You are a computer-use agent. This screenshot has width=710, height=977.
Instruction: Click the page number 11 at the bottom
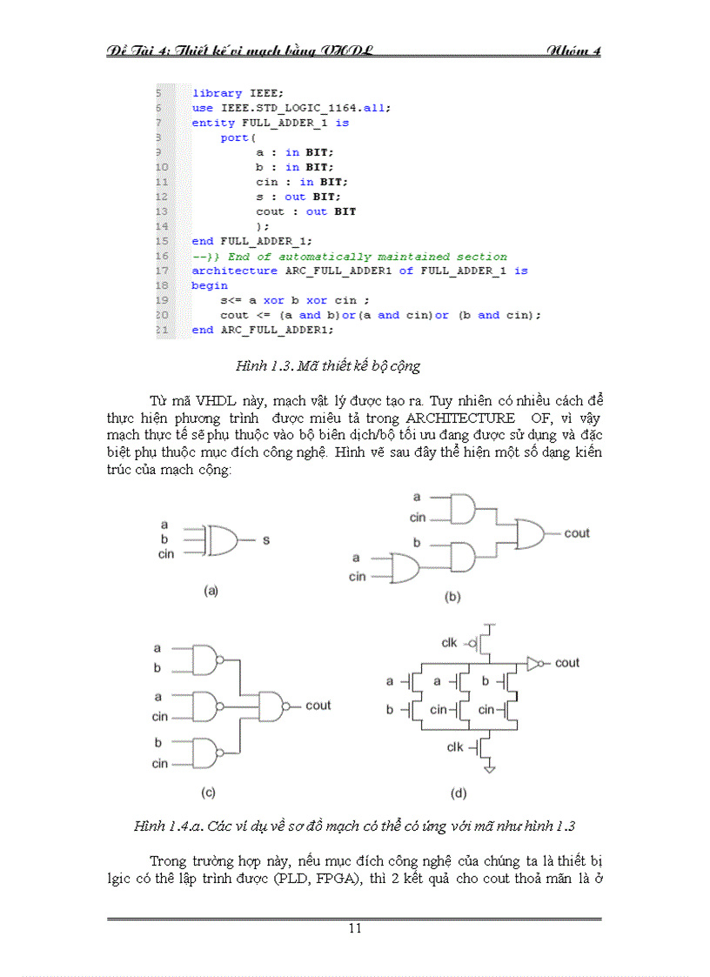tap(355, 928)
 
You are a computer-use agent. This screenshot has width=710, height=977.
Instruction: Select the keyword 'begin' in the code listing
tap(210, 285)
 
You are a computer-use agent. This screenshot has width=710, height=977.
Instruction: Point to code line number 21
tap(162, 330)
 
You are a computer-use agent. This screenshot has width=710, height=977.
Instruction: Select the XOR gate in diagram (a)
tap(221, 540)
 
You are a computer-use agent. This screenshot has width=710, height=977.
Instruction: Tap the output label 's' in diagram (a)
tap(266, 540)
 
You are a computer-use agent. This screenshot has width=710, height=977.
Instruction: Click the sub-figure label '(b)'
tap(452, 597)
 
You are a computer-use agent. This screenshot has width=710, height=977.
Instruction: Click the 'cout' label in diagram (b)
tap(577, 533)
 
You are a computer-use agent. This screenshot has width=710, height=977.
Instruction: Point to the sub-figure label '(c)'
tap(208, 793)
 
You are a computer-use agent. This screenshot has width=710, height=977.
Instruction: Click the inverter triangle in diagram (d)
tap(534, 664)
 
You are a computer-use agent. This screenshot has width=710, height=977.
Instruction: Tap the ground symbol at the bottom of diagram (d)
tap(490, 769)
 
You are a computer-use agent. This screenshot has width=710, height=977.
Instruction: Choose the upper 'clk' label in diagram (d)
tap(449, 643)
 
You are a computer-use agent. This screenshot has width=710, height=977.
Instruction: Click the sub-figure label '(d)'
tap(459, 793)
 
